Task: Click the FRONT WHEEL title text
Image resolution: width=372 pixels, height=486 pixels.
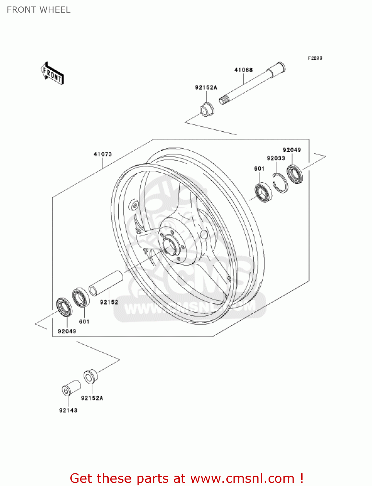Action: [x=39, y=10]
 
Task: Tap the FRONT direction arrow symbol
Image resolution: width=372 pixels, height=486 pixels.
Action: [x=52, y=74]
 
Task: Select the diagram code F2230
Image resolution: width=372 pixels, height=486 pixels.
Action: [x=315, y=58]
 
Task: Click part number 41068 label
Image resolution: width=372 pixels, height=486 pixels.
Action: [x=243, y=70]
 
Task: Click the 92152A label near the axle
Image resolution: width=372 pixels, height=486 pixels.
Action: [x=206, y=87]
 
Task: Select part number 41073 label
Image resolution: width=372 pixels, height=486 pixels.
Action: [x=103, y=154]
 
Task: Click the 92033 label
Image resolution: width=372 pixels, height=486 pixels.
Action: [x=276, y=158]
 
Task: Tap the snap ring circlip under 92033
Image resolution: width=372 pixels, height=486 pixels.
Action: [x=280, y=183]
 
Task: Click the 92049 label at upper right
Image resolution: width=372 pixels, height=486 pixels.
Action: [x=292, y=150]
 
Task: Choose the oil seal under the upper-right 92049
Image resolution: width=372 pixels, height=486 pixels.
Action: [x=294, y=174]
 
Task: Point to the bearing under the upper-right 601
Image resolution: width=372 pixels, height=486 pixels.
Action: [x=263, y=192]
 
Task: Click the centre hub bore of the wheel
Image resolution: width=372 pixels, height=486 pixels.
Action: [x=170, y=245]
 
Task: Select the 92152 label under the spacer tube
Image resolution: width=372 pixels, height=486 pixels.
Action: [x=109, y=302]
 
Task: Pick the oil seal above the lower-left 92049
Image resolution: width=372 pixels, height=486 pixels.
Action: [x=65, y=307]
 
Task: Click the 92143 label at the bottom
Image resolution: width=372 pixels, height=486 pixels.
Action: [x=68, y=410]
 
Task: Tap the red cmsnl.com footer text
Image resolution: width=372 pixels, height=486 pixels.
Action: [x=186, y=478]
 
